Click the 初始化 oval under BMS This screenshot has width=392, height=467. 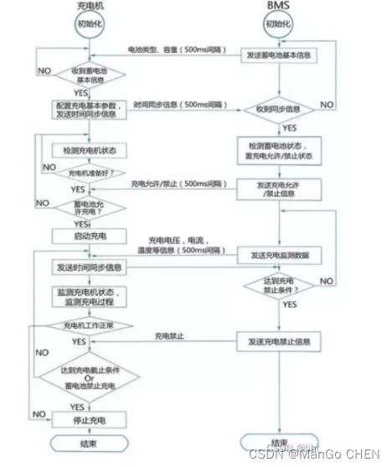point(280,24)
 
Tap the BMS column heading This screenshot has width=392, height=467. point(280,6)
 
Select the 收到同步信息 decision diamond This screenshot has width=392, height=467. point(280,109)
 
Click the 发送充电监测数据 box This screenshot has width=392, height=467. point(280,253)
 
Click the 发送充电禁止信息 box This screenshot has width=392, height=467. point(280,341)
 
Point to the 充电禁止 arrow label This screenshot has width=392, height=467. point(170,336)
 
